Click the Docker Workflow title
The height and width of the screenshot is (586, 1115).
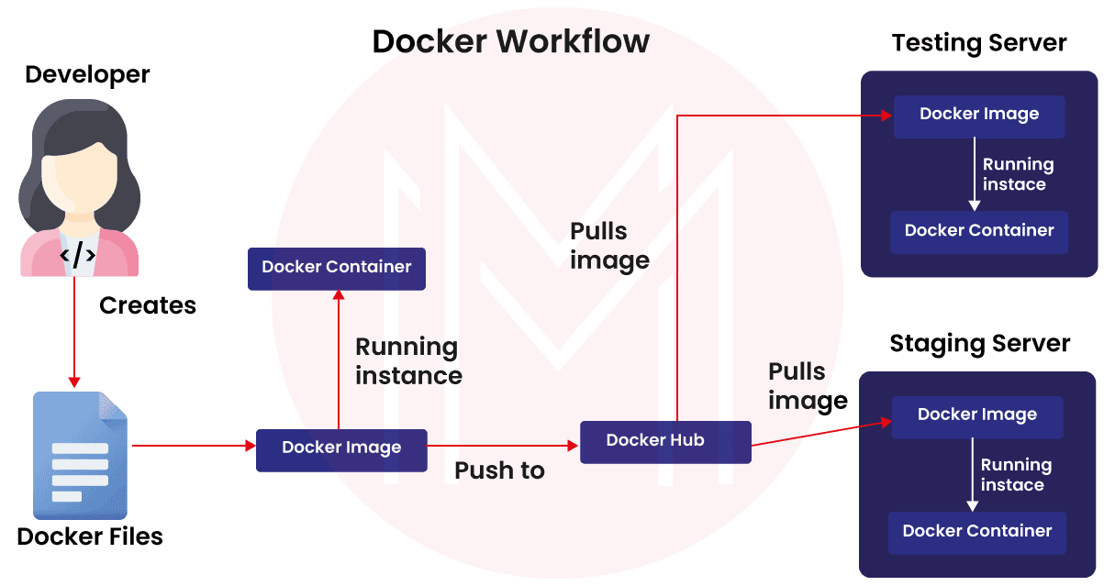pyautogui.click(x=510, y=41)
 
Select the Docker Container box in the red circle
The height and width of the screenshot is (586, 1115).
pyautogui.click(x=336, y=268)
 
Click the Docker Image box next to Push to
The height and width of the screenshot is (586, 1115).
pyautogui.click(x=341, y=449)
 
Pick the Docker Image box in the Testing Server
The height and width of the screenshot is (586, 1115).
pyautogui.click(x=979, y=116)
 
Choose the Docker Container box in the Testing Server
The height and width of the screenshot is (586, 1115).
pyautogui.click(x=979, y=231)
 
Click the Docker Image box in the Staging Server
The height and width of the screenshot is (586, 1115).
pyautogui.click(x=977, y=415)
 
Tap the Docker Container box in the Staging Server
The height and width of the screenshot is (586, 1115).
pyautogui.click(x=977, y=532)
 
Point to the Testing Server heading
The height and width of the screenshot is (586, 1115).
pyautogui.click(x=979, y=44)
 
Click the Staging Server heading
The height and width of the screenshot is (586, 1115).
pyautogui.click(x=979, y=345)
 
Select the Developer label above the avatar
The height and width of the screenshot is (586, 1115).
pyautogui.click(x=87, y=74)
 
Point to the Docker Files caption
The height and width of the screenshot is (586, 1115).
pyautogui.click(x=90, y=536)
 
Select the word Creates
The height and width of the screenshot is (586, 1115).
pyautogui.click(x=148, y=305)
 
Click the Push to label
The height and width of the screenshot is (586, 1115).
pyautogui.click(x=499, y=471)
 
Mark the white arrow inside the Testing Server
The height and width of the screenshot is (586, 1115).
pyautogui.click(x=975, y=174)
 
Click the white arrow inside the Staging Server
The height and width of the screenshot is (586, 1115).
pyautogui.click(x=972, y=474)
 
